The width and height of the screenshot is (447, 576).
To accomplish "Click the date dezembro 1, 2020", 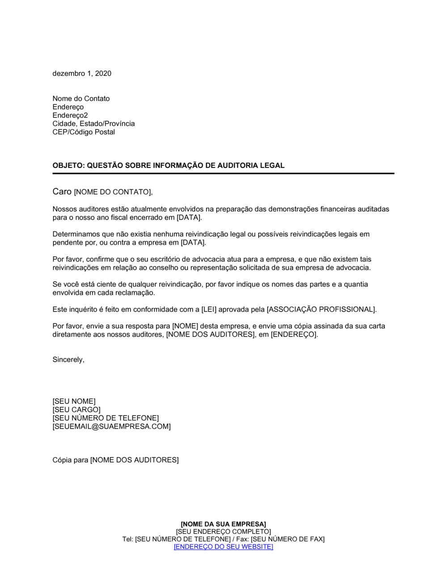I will [82, 74].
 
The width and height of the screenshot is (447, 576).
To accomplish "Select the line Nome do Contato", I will [81, 99].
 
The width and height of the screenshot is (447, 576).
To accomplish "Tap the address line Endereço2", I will [70, 115].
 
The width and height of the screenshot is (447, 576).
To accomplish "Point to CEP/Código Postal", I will [84, 132].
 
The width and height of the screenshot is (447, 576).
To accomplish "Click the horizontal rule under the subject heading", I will [223, 173].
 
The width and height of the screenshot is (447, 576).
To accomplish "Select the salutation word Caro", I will [62, 192].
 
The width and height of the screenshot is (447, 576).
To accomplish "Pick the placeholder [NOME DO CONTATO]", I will [113, 192].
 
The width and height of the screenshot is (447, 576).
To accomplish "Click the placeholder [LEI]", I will [209, 309].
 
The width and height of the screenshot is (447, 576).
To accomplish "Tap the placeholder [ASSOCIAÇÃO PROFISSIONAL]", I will [321, 309].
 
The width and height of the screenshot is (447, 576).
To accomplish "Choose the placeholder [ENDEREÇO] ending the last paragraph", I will [294, 334].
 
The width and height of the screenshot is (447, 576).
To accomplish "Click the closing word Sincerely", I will [68, 360].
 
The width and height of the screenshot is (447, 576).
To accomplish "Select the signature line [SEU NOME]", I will [74, 401].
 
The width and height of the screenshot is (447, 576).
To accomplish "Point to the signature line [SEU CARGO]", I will [76, 410].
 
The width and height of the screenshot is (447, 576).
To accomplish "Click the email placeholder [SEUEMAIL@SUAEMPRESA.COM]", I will [111, 426].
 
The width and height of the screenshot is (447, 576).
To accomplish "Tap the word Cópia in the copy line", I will [62, 460].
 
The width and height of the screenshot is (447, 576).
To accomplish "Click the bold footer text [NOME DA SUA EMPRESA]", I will [223, 524].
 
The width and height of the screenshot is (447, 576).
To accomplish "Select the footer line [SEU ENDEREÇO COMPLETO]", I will [223, 532].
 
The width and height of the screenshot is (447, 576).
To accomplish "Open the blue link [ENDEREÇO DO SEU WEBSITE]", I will [223, 547].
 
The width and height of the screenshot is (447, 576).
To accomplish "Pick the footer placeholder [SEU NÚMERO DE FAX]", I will [287, 539].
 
